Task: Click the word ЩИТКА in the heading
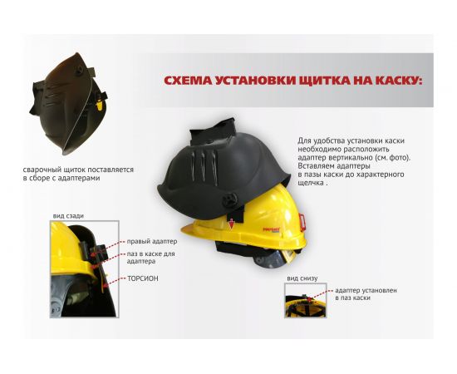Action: tap(324, 81)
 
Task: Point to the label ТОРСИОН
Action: tap(143, 278)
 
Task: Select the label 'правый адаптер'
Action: tap(151, 241)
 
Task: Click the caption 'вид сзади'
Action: tap(68, 216)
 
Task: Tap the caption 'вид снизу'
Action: tap(302, 278)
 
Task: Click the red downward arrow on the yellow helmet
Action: tap(232, 224)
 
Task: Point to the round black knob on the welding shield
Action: tap(229, 200)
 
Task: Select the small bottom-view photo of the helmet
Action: tap(306, 300)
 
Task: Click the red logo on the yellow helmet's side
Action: tap(271, 230)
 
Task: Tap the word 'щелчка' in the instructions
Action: tap(311, 183)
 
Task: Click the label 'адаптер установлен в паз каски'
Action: tap(366, 294)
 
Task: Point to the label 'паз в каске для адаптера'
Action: tap(150, 258)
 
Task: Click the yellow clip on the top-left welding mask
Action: tap(100, 106)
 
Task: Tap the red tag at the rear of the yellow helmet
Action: tap(302, 222)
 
